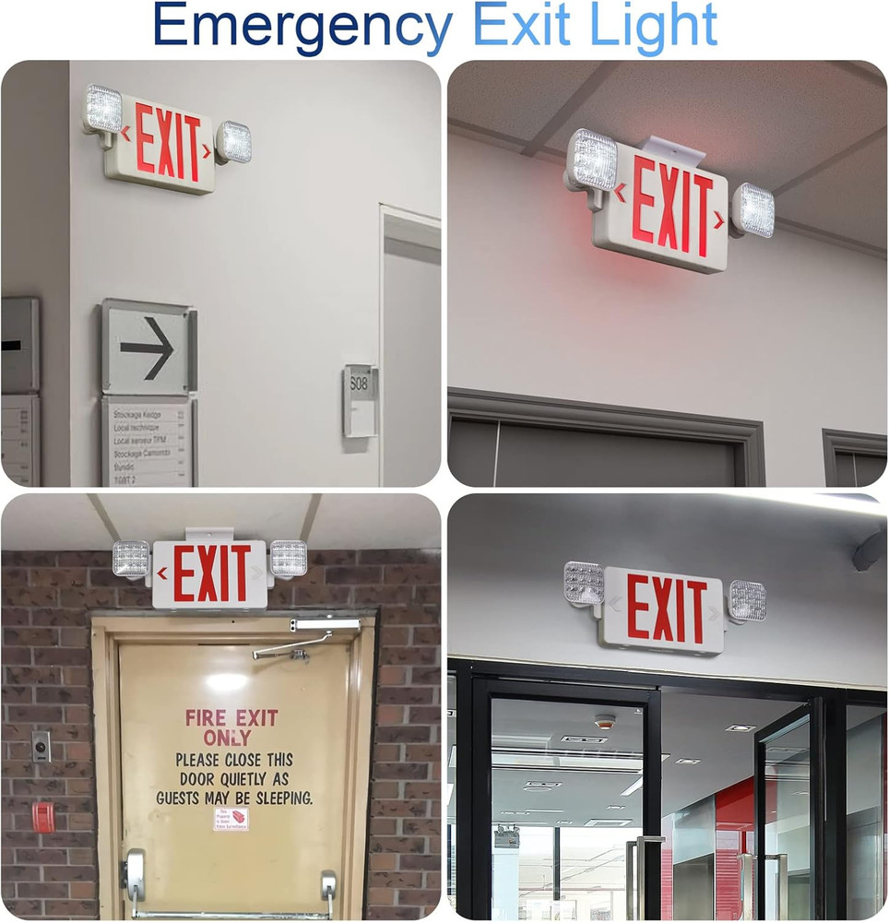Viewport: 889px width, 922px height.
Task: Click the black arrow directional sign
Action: tap(148, 348)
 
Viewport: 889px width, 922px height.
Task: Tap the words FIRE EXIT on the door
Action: tap(231, 717)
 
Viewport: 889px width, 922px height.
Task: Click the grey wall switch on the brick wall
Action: tap(41, 746)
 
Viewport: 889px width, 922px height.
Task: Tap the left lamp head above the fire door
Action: tap(132, 559)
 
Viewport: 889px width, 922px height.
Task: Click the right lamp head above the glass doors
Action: tap(748, 601)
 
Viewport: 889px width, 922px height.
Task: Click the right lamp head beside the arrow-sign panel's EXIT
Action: tap(234, 142)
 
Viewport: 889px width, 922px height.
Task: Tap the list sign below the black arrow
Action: tap(148, 441)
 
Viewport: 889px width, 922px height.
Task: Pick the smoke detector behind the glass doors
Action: tap(604, 722)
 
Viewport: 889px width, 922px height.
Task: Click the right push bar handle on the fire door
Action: tap(328, 890)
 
